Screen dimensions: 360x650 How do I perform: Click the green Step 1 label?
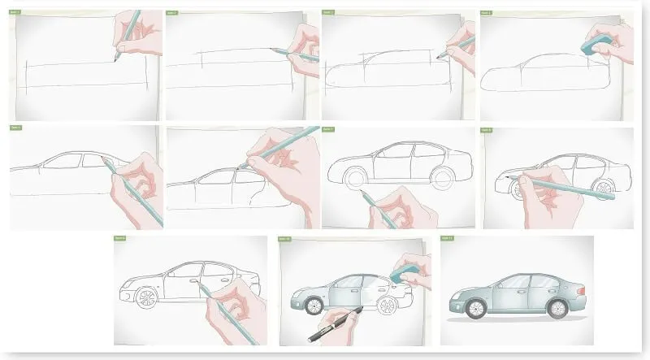click(15, 14)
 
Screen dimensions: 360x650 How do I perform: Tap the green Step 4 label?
click(487, 14)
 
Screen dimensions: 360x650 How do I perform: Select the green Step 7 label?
click(328, 129)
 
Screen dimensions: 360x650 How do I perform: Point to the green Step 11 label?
click(447, 238)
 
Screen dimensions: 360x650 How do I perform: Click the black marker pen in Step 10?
click(332, 326)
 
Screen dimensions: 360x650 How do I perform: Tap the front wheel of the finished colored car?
click(476, 308)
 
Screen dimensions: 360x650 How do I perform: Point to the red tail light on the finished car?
click(582, 288)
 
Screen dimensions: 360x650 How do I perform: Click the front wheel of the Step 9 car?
click(146, 297)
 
